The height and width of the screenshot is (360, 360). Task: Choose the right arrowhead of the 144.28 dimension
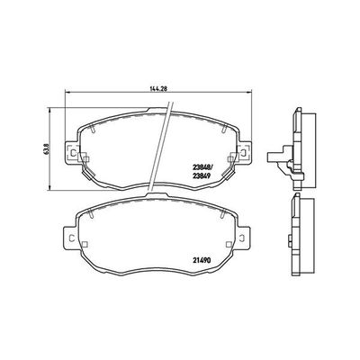[259, 96]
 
